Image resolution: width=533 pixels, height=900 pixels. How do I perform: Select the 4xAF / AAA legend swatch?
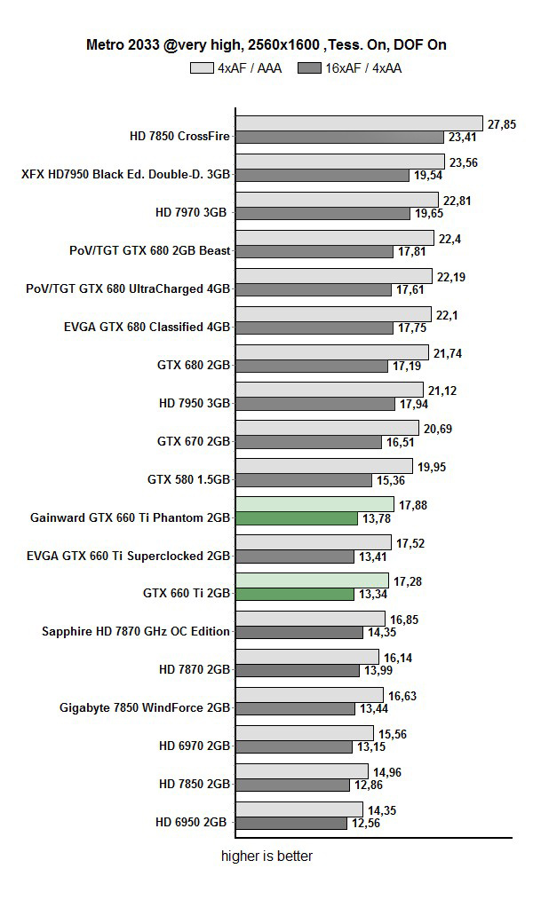[x=202, y=67]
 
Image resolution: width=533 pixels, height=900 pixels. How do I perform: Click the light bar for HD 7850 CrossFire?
[x=359, y=123]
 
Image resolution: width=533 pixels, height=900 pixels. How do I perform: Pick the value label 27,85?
[x=502, y=123]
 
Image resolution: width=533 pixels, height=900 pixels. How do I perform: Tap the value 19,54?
[x=428, y=176]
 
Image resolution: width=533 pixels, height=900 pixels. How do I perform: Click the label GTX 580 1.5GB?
[x=188, y=480]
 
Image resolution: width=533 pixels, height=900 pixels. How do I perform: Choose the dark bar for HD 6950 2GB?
[x=291, y=824]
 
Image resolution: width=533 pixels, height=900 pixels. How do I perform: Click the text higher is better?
[x=266, y=857]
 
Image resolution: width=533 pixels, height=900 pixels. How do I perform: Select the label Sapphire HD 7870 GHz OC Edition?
[x=136, y=632]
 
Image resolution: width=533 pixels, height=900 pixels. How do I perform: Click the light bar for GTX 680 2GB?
[x=331, y=352]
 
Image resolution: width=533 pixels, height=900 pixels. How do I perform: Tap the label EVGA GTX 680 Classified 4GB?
[x=147, y=327]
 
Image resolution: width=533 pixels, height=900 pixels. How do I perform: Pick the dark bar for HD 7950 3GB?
[x=315, y=404]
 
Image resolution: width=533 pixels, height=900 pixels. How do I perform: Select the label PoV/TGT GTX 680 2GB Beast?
[x=150, y=250]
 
